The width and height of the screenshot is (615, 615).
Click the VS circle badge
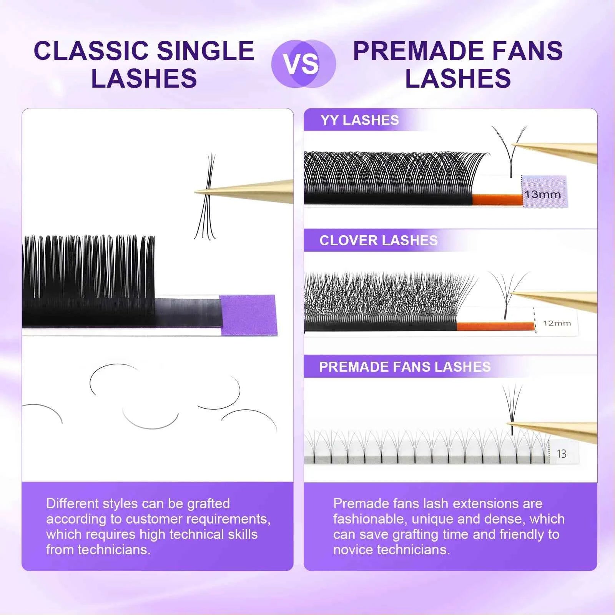tap(303, 63)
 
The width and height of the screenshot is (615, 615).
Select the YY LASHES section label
tap(360, 120)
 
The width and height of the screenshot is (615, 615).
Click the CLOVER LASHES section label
tap(378, 241)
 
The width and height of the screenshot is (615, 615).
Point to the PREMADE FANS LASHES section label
tap(405, 367)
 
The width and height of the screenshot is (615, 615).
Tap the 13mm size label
tap(543, 194)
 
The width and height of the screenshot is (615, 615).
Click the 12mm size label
tap(557, 323)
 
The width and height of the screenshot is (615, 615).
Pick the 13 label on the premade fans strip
tap(561, 454)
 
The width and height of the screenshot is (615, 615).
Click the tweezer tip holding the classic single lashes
tap(200, 191)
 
